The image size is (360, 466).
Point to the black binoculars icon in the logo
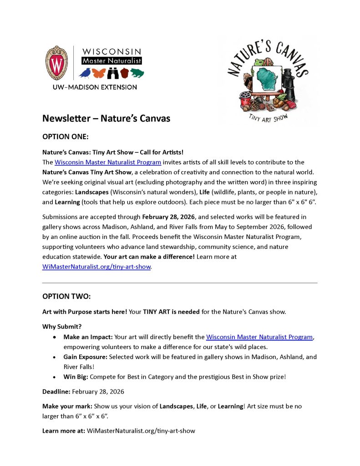[113, 73]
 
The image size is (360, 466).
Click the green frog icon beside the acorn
[137, 73]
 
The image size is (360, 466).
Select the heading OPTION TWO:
[66, 296]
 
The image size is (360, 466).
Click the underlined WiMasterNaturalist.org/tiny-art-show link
[96, 267]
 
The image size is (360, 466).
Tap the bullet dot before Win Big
[55, 377]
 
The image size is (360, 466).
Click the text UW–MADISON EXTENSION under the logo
[91, 87]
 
